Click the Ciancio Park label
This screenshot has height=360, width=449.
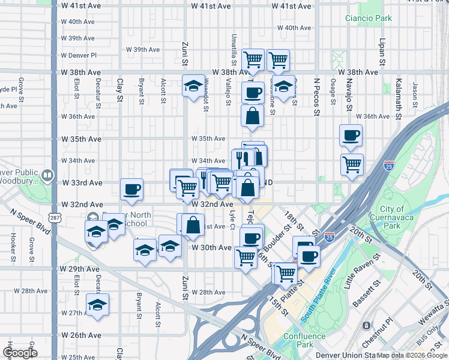(368, 19)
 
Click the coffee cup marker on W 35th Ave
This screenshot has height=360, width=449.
(351, 136)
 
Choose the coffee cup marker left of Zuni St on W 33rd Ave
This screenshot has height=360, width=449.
(131, 190)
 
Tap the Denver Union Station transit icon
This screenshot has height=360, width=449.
(366, 325)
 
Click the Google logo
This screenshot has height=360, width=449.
(20, 353)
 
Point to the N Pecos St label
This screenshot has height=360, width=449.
(316, 90)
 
